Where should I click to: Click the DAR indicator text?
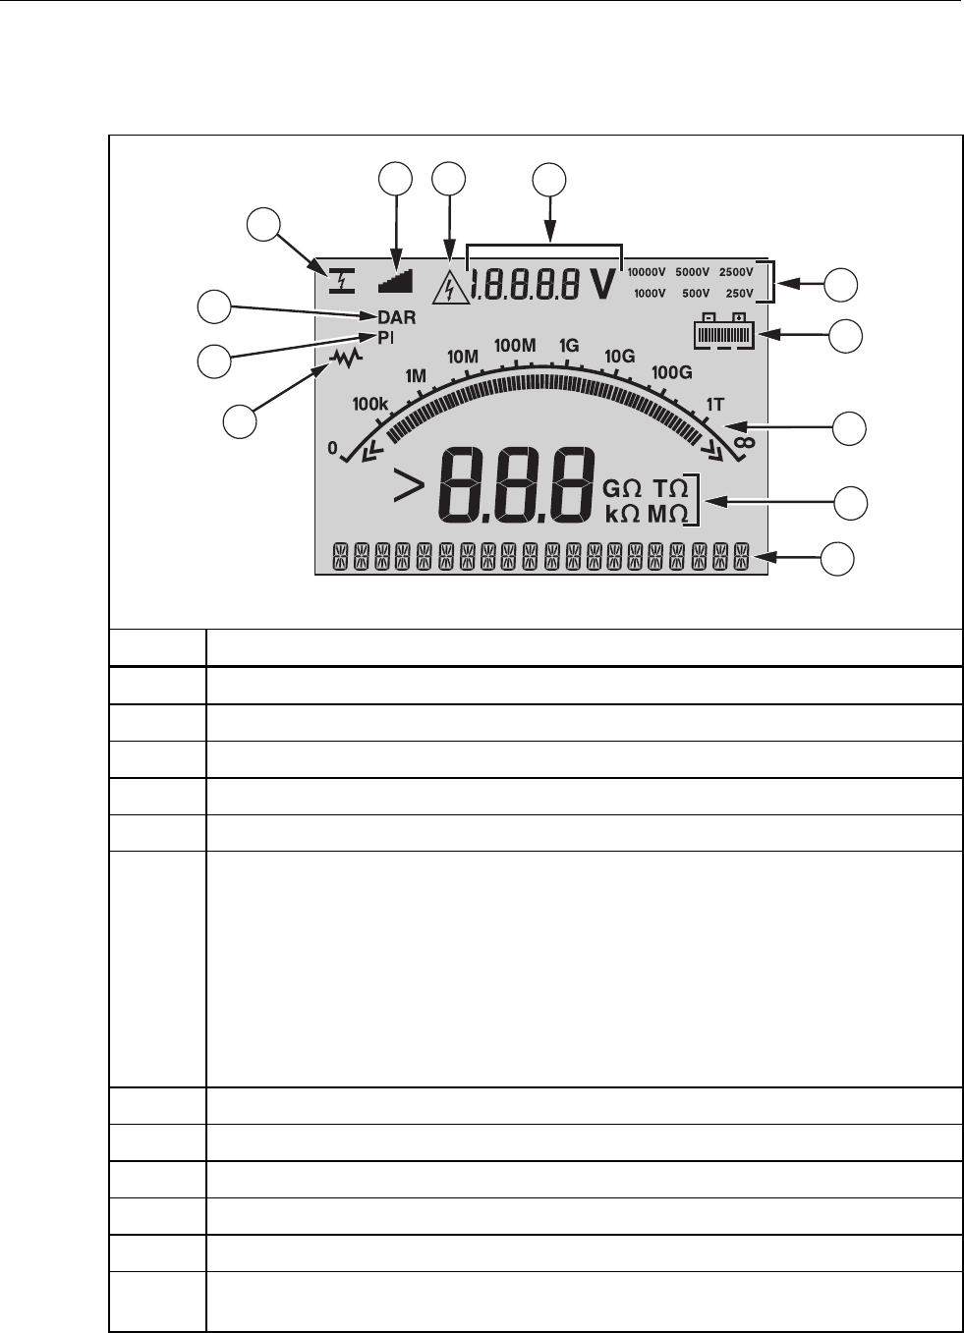396,317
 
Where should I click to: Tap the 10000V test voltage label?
648,272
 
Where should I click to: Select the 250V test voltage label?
738,293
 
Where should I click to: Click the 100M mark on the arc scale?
515,345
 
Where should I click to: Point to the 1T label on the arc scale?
715,404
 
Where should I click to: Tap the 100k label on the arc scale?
370,403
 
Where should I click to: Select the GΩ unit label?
621,489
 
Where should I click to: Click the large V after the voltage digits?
603,283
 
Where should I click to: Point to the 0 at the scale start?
332,449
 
